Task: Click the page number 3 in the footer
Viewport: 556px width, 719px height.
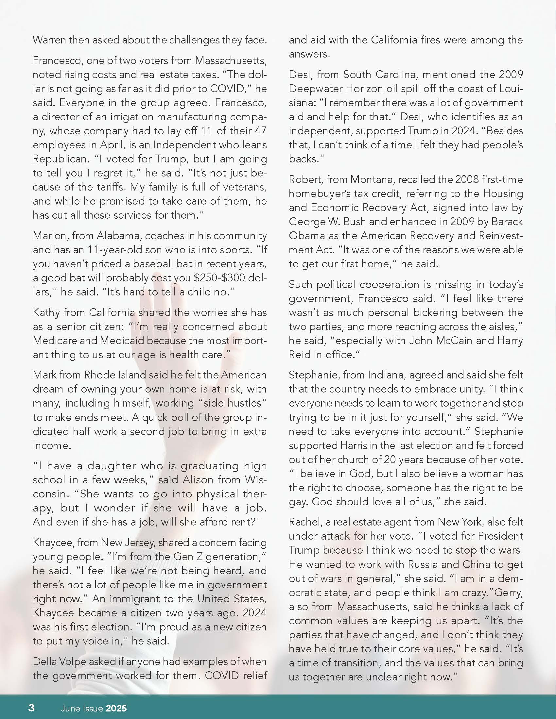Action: (x=31, y=708)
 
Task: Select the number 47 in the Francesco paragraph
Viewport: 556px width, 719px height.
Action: (x=260, y=131)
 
